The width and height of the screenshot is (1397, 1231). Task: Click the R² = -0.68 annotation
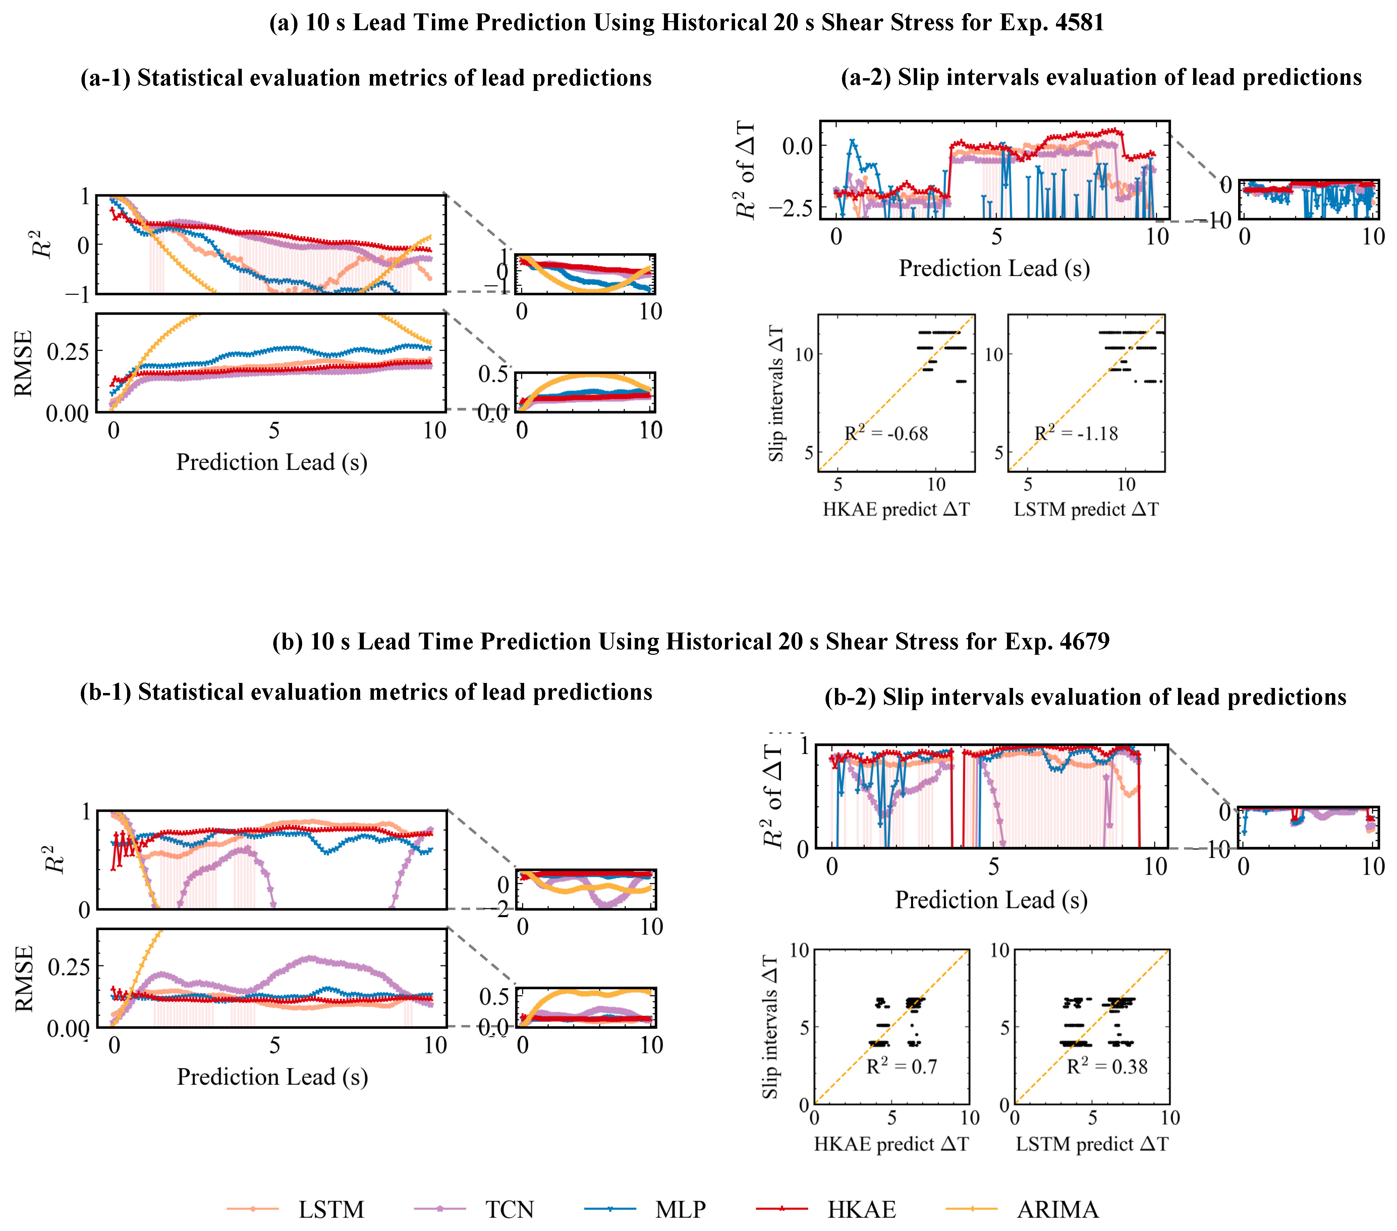coord(886,433)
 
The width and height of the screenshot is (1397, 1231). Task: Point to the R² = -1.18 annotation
coord(1076,433)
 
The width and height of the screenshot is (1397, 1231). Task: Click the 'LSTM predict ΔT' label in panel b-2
coord(1092,1143)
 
